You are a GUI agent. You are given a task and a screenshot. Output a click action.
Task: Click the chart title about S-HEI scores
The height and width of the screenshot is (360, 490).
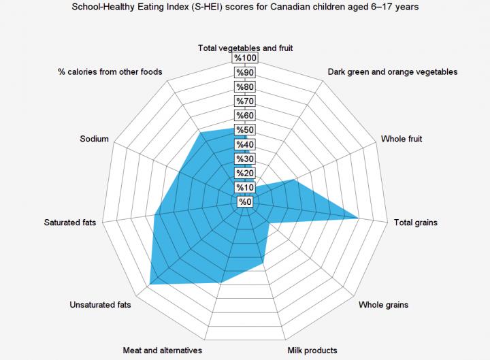(244, 7)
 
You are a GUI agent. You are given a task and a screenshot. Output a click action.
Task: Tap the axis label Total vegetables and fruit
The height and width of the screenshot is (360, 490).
(245, 48)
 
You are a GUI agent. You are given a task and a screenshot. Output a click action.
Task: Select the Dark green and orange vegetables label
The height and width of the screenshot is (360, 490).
(392, 71)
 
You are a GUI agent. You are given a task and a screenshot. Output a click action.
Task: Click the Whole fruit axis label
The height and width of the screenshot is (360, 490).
(401, 139)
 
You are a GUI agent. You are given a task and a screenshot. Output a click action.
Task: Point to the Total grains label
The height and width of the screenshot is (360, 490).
(416, 223)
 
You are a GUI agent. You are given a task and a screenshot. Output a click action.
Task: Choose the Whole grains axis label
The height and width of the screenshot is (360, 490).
(384, 305)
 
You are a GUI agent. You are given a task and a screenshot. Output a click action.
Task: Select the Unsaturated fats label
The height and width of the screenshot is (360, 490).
(100, 305)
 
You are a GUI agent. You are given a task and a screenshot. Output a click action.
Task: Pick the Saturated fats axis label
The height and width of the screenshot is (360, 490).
(70, 223)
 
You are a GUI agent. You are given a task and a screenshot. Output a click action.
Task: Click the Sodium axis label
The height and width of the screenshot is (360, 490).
(95, 139)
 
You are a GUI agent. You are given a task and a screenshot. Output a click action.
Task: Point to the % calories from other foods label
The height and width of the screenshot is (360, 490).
(110, 71)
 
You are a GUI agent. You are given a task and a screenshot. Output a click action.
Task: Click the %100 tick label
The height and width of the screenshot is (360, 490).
(245, 59)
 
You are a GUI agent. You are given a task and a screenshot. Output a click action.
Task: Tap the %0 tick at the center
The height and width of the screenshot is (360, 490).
(245, 201)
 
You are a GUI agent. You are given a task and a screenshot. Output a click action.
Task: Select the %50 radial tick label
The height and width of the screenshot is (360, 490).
(245, 130)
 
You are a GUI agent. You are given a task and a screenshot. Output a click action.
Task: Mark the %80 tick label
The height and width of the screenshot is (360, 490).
(245, 87)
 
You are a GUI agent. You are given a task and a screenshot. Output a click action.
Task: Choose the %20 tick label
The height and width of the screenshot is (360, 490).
(245, 173)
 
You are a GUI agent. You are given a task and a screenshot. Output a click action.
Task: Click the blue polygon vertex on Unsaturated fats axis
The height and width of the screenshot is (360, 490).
(150, 283)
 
